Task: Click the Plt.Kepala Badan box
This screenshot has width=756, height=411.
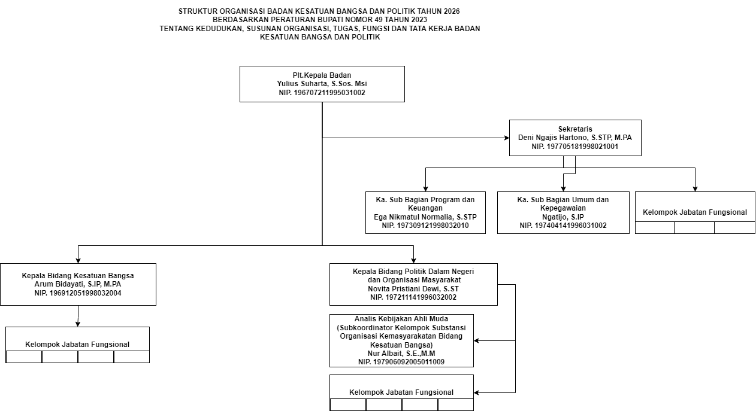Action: pos(322,84)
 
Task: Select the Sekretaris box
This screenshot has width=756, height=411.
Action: pos(575,138)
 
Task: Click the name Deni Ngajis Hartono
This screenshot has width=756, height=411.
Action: pos(553,138)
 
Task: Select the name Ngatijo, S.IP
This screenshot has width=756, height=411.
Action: pos(563,217)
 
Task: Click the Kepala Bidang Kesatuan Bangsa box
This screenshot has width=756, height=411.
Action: pos(78,284)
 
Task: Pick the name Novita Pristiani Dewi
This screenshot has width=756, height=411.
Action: pos(404,288)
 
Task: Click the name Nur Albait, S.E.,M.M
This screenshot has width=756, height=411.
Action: pos(401,354)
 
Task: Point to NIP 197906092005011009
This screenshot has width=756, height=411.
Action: pos(401,362)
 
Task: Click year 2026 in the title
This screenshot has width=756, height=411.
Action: pos(452,11)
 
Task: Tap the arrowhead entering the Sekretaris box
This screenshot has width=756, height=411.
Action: pos(507,138)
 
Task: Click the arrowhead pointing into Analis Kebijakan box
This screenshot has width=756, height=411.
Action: pos(477,340)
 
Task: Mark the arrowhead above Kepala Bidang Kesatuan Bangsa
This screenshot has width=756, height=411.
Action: pos(78,261)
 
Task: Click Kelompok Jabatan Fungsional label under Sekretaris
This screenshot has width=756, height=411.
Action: pos(694,212)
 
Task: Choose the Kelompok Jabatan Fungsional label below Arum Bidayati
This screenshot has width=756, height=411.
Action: pos(77,345)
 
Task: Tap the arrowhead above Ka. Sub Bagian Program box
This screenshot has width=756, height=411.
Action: pos(425,189)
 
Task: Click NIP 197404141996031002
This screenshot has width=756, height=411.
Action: pos(563,226)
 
